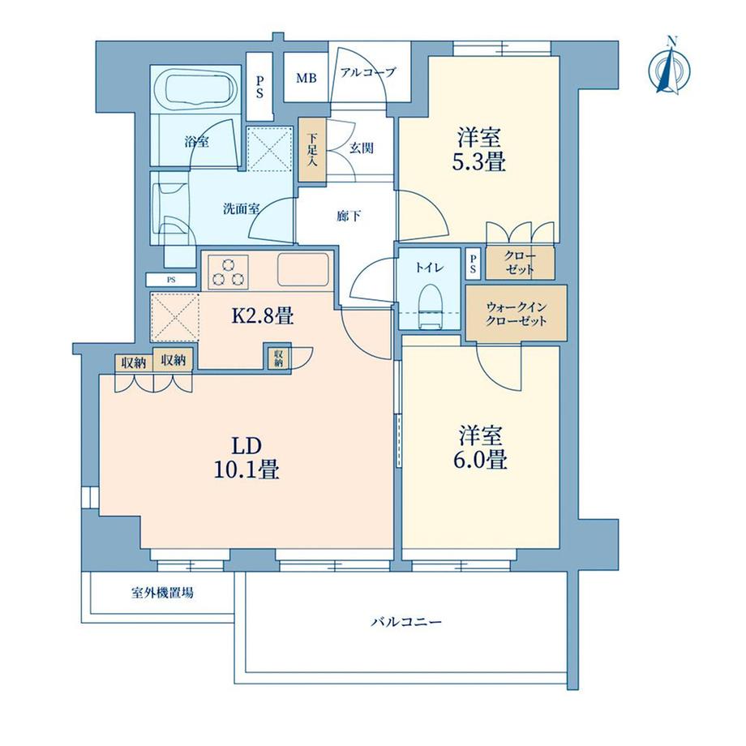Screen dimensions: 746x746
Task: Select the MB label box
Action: pyautogui.click(x=307, y=79)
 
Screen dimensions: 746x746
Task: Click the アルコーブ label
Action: pyautogui.click(x=367, y=73)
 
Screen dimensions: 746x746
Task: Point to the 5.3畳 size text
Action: pyautogui.click(x=479, y=162)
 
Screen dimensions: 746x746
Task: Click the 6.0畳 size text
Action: pyautogui.click(x=481, y=460)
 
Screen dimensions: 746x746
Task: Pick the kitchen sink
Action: pyautogui.click(x=302, y=268)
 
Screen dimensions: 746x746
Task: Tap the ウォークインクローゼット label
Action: pyautogui.click(x=516, y=314)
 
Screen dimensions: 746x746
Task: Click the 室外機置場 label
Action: pyautogui.click(x=162, y=594)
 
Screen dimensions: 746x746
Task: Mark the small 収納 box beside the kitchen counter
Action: pyautogui.click(x=278, y=357)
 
